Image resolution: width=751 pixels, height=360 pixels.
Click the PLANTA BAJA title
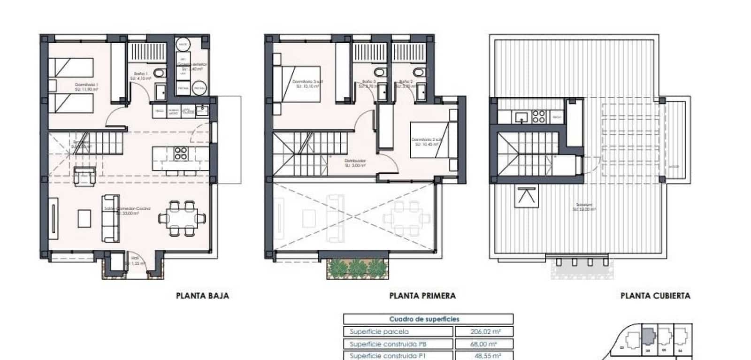click(x=202, y=296)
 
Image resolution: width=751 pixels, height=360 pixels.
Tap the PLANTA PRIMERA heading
click(x=422, y=296)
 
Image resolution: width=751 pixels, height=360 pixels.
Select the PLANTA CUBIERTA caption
click(x=655, y=296)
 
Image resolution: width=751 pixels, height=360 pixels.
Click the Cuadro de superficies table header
click(x=424, y=319)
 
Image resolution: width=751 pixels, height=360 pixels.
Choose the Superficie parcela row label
click(x=379, y=331)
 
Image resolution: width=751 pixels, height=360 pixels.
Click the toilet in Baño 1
click(x=160, y=73)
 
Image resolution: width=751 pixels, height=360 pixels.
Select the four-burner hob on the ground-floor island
click(x=181, y=153)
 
